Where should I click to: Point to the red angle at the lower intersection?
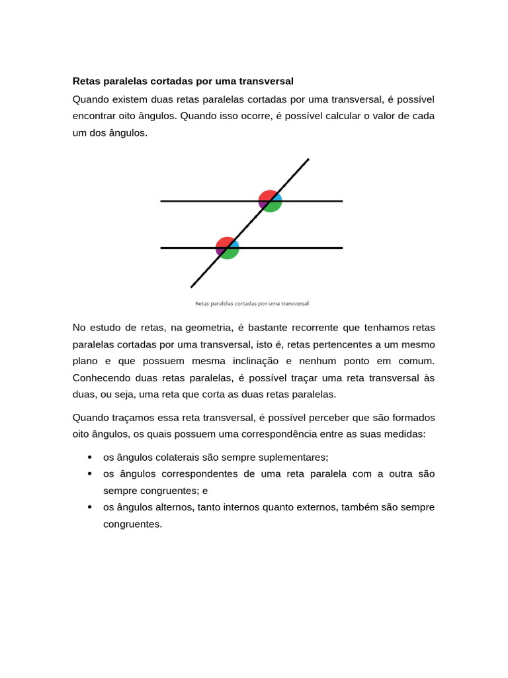(x=224, y=242)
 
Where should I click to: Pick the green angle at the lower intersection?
(x=230, y=252)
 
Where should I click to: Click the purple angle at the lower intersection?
(x=220, y=251)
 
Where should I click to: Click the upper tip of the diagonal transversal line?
(x=308, y=159)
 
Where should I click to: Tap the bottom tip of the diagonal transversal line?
(x=191, y=287)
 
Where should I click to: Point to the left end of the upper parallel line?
(x=161, y=201)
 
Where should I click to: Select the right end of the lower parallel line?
(x=342, y=248)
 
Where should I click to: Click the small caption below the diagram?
(x=252, y=304)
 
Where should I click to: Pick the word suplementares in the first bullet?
(x=296, y=458)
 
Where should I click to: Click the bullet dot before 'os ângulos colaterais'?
(x=89, y=458)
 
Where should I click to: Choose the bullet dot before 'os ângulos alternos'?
(x=89, y=507)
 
